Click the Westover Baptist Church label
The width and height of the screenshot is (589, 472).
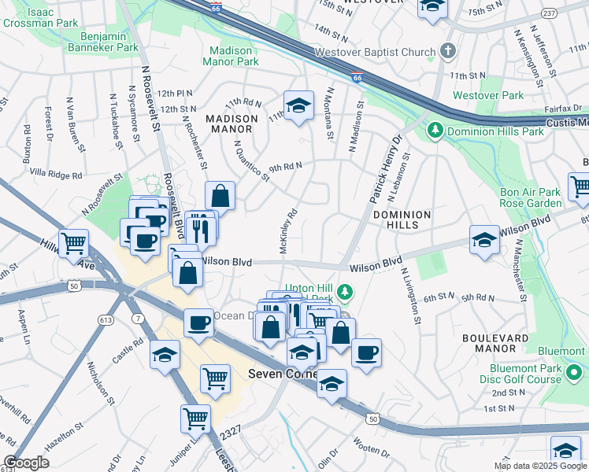click(x=375, y=53)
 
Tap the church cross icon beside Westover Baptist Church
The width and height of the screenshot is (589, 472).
click(x=448, y=52)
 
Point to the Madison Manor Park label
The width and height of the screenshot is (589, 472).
click(x=231, y=55)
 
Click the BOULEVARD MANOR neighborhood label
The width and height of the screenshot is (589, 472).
click(x=495, y=344)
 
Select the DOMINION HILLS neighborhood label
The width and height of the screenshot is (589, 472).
click(x=402, y=219)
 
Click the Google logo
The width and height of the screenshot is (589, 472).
click(x=27, y=463)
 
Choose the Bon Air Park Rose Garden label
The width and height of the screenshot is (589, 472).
click(x=529, y=197)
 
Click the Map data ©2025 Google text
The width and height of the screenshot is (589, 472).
click(x=539, y=466)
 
